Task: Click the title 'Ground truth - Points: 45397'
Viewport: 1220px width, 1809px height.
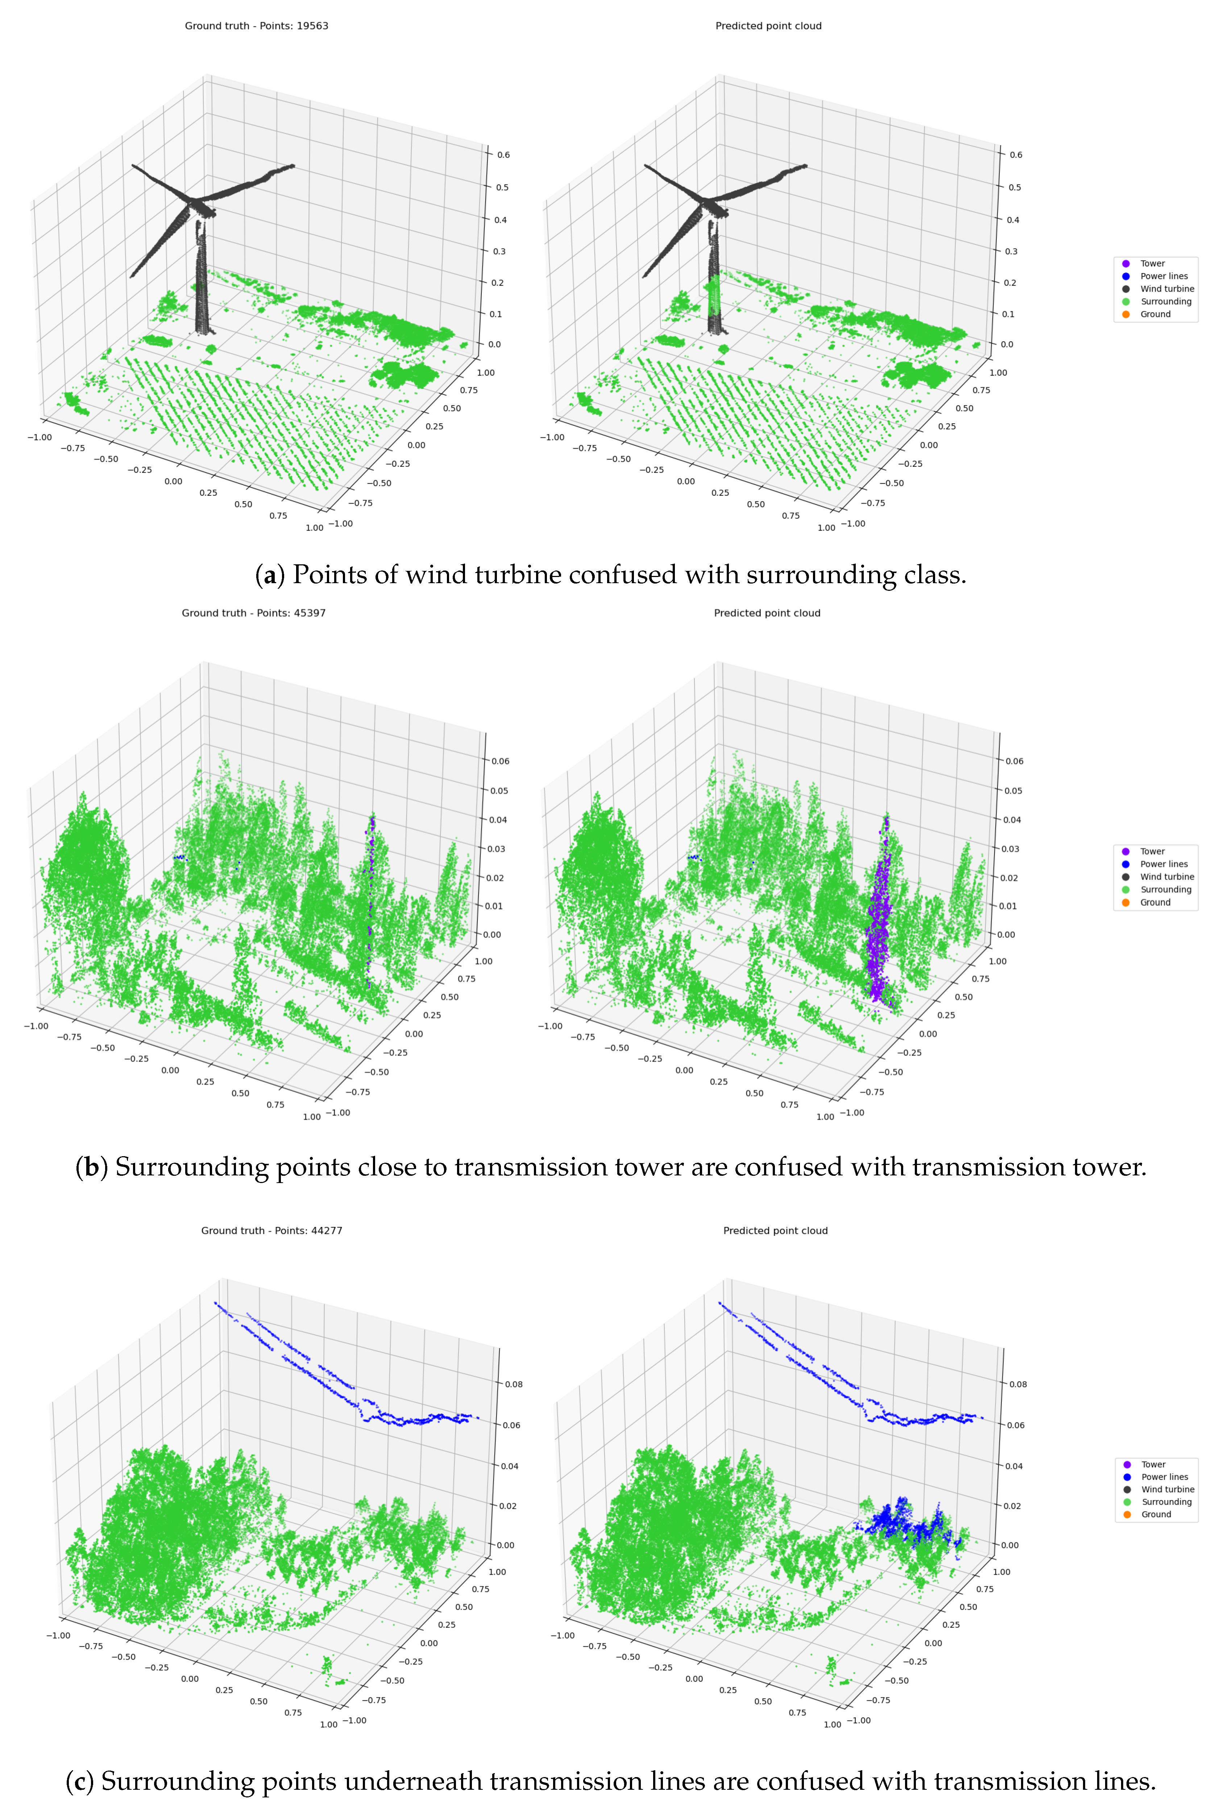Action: pos(254,613)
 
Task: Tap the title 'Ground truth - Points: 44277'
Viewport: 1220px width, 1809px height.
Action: pos(271,1231)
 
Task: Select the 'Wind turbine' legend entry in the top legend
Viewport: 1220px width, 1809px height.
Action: pos(1167,289)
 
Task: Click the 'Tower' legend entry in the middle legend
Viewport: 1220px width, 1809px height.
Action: pos(1152,852)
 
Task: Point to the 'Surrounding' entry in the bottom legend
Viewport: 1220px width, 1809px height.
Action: pos(1166,1501)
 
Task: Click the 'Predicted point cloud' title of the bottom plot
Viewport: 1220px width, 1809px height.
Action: pos(775,1231)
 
